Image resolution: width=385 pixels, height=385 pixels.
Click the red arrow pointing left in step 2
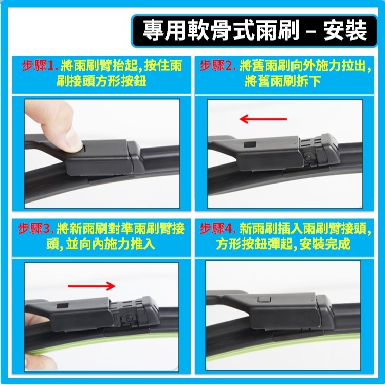(x=263, y=119)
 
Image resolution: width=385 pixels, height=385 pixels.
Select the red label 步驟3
(x=36, y=228)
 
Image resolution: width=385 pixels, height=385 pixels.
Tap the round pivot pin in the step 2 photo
(x=307, y=158)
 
